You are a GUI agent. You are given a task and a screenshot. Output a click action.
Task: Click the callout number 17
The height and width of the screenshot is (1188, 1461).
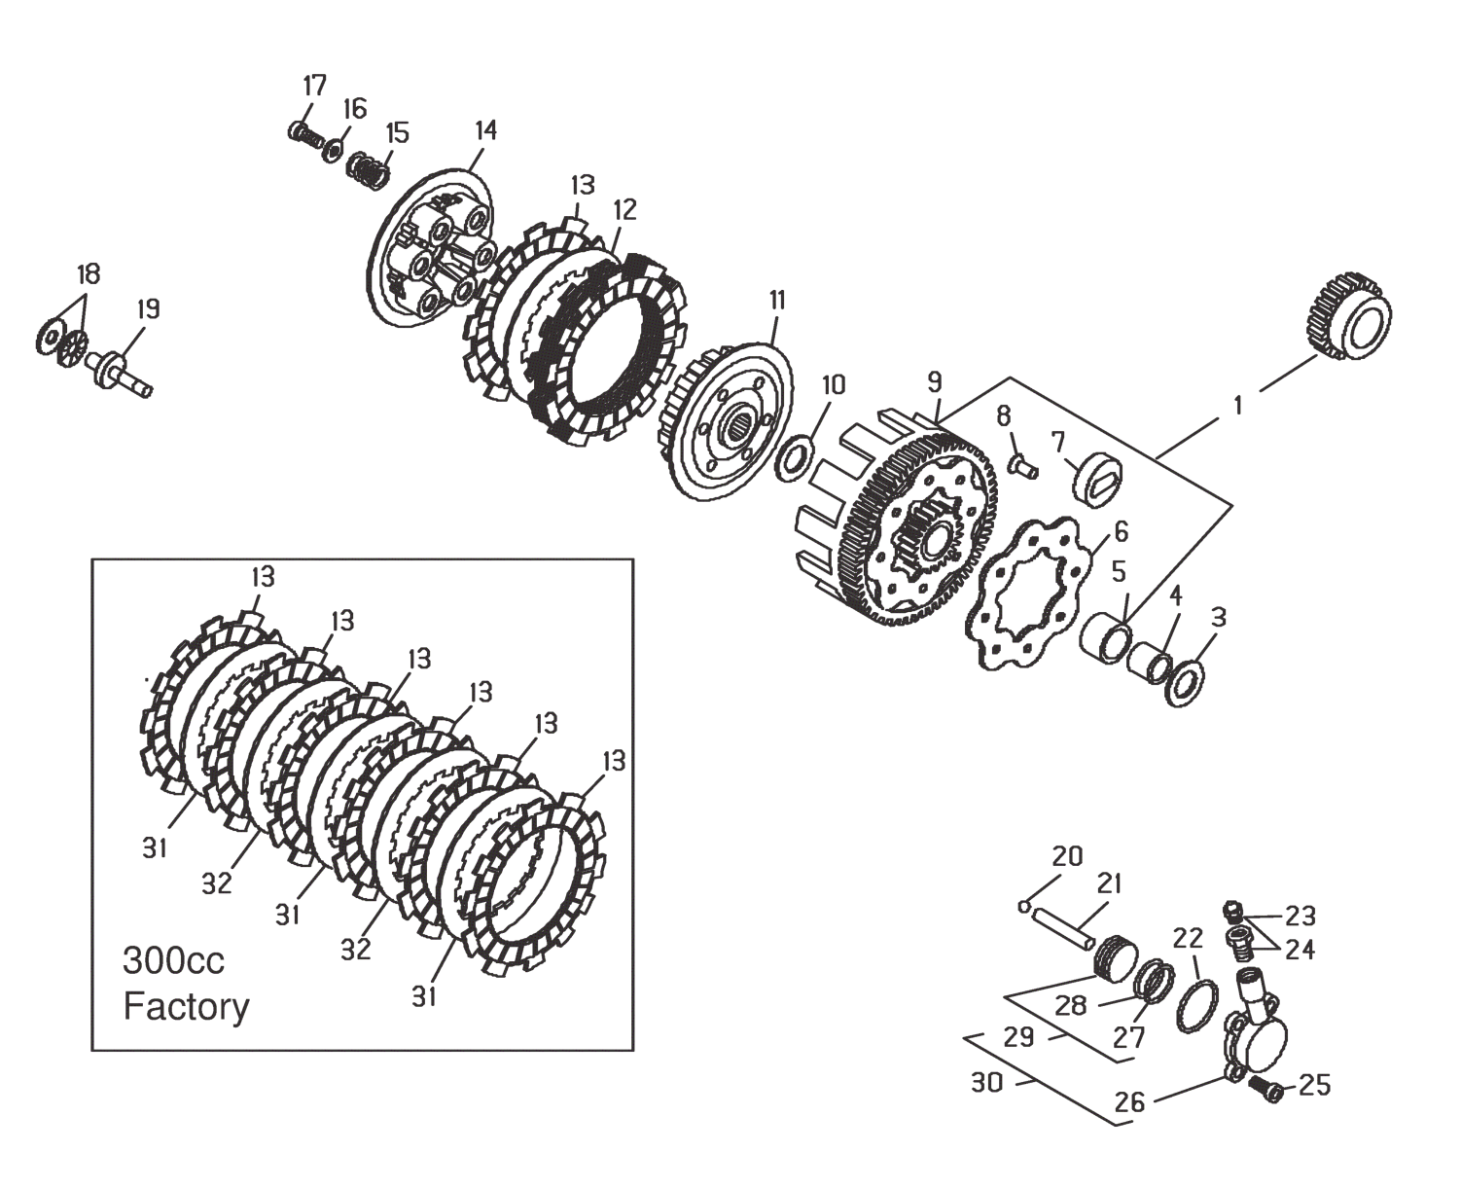pyautogui.click(x=315, y=86)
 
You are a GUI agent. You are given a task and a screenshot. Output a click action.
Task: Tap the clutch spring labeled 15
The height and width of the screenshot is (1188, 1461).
pyautogui.click(x=370, y=173)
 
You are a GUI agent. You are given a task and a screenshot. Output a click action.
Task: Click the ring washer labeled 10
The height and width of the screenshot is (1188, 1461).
pyautogui.click(x=795, y=460)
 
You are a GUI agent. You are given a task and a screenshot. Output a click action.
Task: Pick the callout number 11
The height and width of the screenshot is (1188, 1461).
pyautogui.click(x=777, y=301)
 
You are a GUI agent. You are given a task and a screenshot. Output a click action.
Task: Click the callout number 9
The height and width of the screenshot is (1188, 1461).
pyautogui.click(x=934, y=382)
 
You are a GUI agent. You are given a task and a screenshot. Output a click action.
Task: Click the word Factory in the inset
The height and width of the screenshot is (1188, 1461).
pyautogui.click(x=186, y=1008)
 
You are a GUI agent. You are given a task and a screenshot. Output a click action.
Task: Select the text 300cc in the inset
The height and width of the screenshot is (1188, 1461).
pyautogui.click(x=173, y=961)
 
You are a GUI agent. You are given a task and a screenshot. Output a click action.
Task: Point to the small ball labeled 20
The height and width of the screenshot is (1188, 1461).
pyautogui.click(x=1025, y=907)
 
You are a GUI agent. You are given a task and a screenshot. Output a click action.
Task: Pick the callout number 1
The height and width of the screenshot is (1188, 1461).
pyautogui.click(x=1237, y=406)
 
